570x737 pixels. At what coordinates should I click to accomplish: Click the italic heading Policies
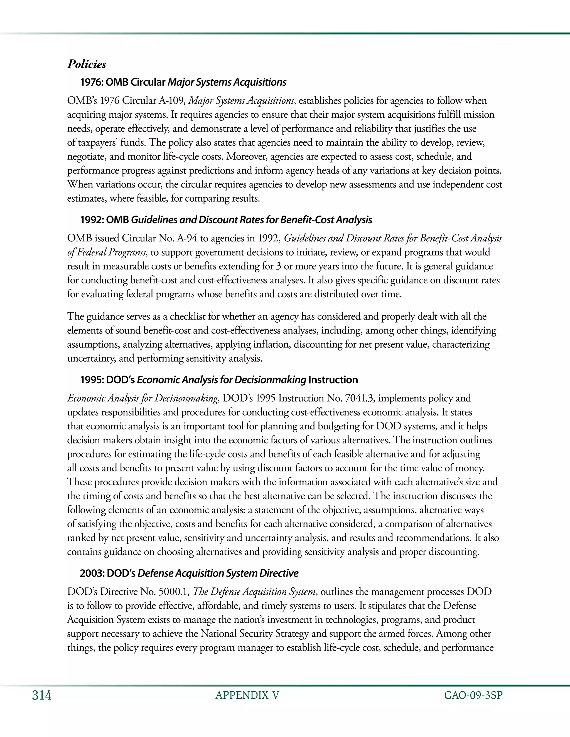point(87,64)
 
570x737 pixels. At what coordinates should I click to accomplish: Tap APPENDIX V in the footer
point(247,696)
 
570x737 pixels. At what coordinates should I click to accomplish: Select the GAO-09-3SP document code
point(473,696)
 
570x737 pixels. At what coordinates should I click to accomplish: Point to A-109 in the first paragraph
point(171,101)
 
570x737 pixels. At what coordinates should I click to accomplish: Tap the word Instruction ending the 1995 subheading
point(333,380)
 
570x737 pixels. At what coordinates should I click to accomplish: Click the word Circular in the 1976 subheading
point(148,82)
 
